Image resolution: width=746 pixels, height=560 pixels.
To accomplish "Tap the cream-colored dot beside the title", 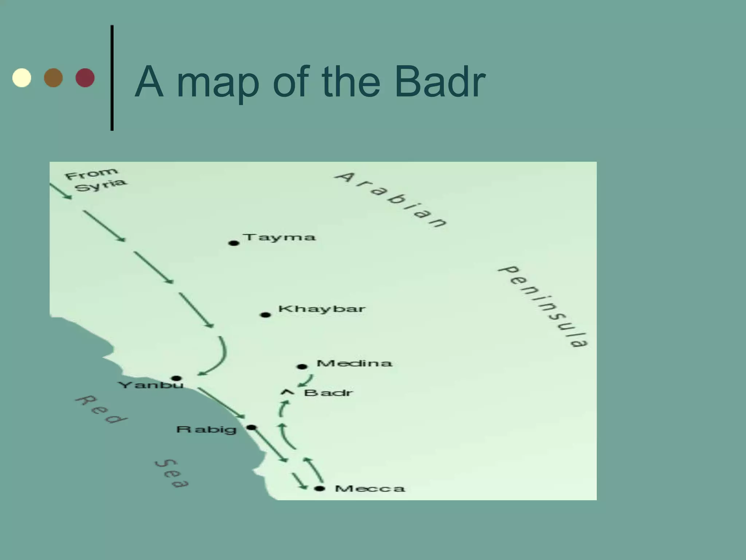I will [x=22, y=78].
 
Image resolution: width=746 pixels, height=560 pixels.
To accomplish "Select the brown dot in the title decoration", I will [x=54, y=78].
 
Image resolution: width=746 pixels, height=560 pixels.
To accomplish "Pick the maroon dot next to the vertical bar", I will [x=85, y=78].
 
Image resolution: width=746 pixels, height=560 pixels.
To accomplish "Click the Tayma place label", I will [x=280, y=237].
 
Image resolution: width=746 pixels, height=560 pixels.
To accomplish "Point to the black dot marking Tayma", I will [x=234, y=243].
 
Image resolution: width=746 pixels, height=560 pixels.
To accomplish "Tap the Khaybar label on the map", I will [x=322, y=309].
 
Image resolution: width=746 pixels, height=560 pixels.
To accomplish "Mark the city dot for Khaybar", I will [x=266, y=315].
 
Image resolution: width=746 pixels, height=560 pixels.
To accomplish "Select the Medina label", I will [x=354, y=363].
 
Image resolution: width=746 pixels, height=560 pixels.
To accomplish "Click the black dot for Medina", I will [x=302, y=366].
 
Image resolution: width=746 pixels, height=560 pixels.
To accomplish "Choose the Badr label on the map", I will [x=328, y=393].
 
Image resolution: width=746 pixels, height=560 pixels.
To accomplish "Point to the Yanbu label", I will [x=151, y=385].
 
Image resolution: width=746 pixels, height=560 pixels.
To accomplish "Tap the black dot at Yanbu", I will [x=176, y=378].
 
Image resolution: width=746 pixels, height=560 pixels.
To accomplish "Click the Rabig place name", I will [x=207, y=429].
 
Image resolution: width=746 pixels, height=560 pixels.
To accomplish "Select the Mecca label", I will [x=370, y=489].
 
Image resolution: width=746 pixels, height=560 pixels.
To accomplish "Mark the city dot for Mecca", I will [x=319, y=489].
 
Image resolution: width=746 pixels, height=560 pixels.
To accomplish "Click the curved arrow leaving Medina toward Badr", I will [x=306, y=380].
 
